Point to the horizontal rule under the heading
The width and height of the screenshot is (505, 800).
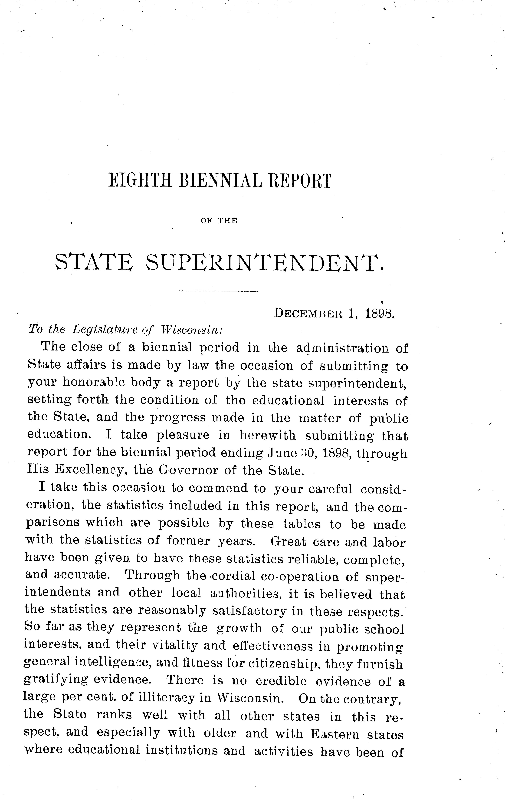pos(218,292)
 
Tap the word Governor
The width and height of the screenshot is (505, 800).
pos(188,470)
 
